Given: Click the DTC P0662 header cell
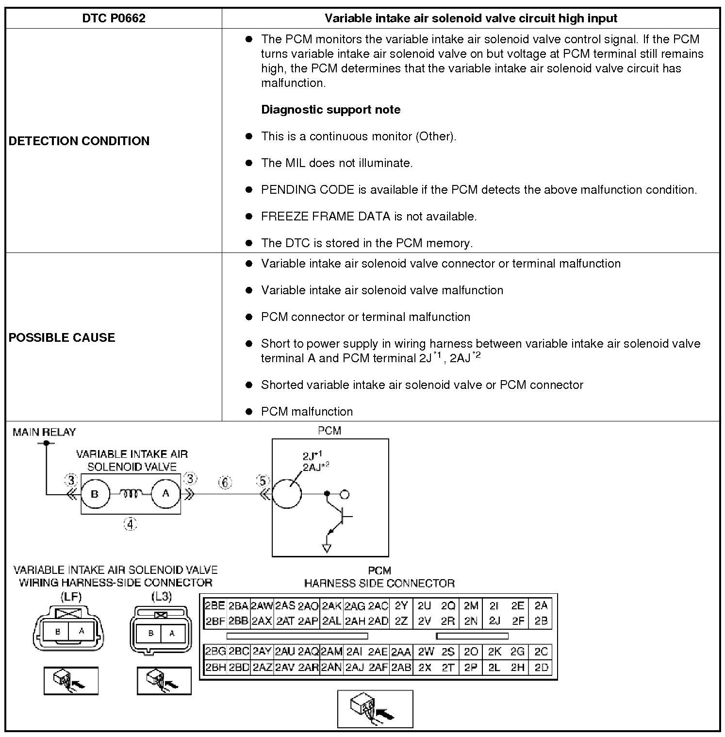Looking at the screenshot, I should tap(114, 18).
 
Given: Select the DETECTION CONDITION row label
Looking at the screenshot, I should tap(79, 141).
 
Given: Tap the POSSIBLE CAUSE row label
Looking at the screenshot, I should tap(62, 337).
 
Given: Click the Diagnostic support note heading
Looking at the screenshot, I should tap(330, 109).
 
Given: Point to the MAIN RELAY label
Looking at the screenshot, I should tap(44, 432).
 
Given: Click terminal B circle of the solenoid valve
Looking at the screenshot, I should tap(95, 494).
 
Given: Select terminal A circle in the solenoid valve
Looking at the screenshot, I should tap(165, 493).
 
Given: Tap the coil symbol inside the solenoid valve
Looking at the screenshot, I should tap(130, 493).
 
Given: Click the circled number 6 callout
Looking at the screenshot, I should tap(225, 482).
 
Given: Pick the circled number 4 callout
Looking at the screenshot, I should tap(130, 524).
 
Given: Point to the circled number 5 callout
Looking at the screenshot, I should tap(263, 481).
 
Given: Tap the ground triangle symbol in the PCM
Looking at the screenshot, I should tap(327, 549).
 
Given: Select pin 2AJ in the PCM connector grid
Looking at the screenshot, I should tap(355, 668).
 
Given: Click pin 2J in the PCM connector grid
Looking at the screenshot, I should tap(494, 620).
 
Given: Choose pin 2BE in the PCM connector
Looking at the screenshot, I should tap(215, 605).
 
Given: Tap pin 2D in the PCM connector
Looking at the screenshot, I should tap(541, 668).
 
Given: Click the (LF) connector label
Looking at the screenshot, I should tap(71, 597).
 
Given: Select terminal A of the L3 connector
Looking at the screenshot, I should tap(172, 633).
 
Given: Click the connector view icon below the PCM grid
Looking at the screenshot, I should tap(375, 709).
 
